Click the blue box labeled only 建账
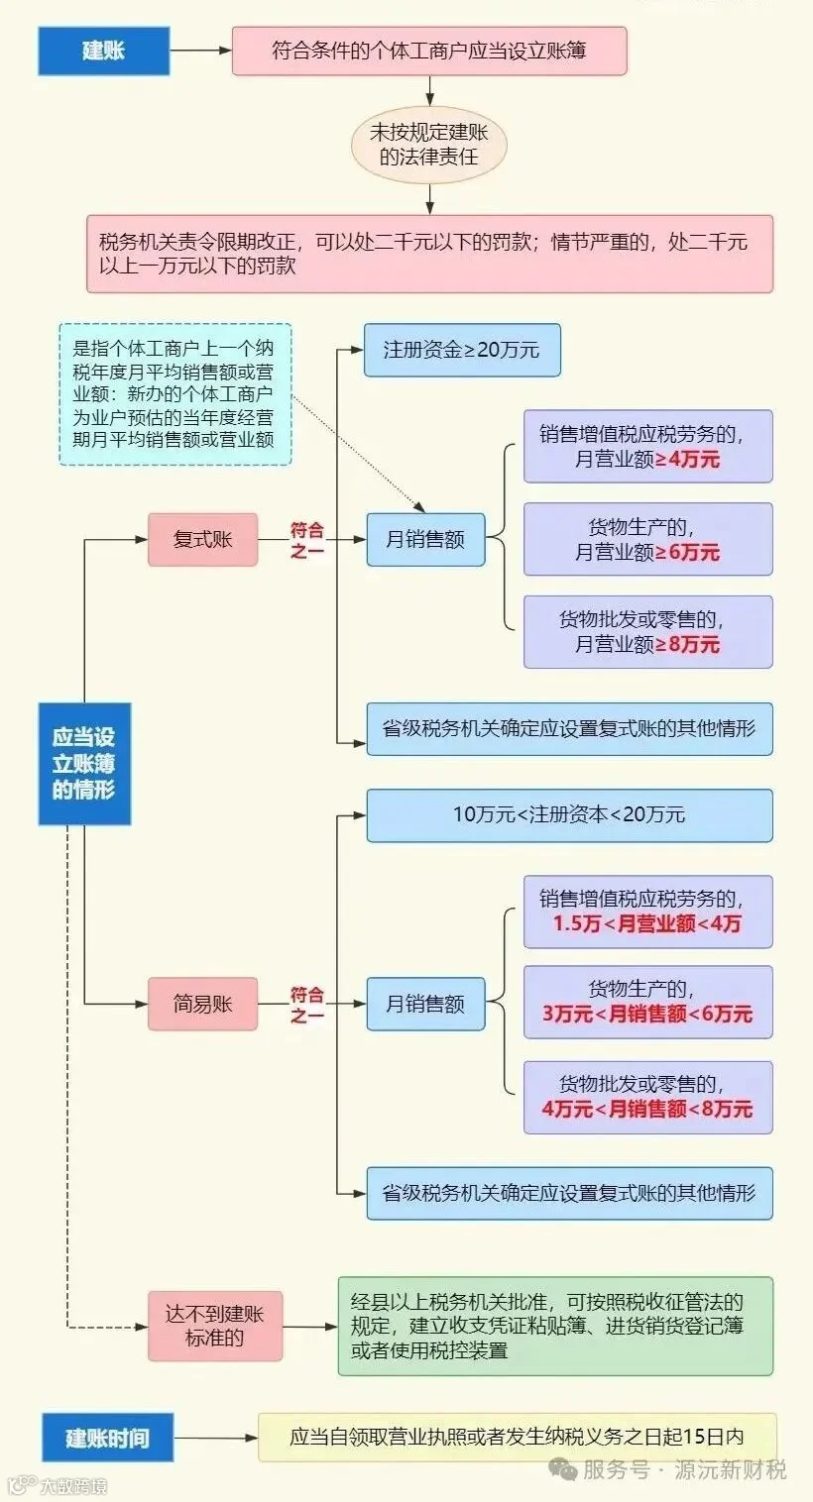[103, 51]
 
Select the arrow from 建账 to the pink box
[200, 51]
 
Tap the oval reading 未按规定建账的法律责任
[429, 145]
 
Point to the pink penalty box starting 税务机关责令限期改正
[429, 253]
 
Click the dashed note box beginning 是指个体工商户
[174, 393]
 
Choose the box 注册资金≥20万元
[461, 350]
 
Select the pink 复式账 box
[202, 539]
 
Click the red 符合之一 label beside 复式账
[307, 540]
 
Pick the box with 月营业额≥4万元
[647, 446]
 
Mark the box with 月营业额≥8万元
[647, 632]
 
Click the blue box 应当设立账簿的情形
[84, 763]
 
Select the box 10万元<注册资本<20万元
[569, 815]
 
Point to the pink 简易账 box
[202, 1004]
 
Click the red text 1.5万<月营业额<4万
[647, 924]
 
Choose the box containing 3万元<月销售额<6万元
[647, 1002]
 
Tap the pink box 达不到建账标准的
[215, 1326]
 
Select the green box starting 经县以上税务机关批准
[554, 1326]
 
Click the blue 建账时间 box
[107, 1438]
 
